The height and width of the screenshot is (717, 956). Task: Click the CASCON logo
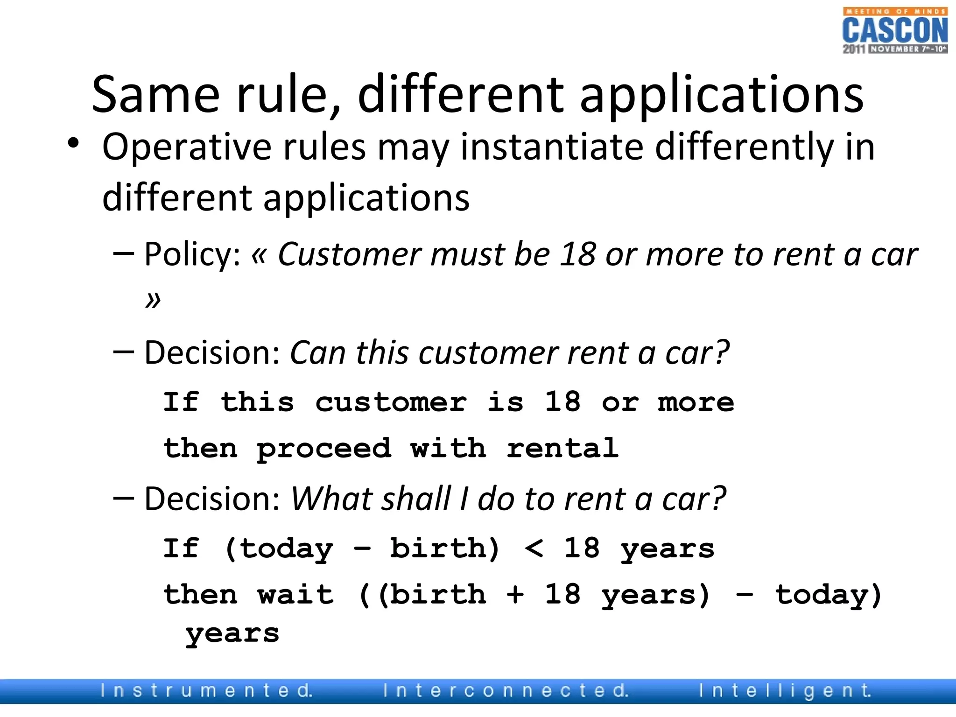(x=895, y=31)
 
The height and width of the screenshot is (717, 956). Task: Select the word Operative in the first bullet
(x=187, y=148)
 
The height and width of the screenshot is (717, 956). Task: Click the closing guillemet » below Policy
(x=153, y=299)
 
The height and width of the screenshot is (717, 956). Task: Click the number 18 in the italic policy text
(x=577, y=255)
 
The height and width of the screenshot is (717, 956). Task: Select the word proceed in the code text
(x=323, y=449)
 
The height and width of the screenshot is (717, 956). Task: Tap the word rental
(x=562, y=448)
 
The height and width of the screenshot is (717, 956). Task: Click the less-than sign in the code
(x=534, y=549)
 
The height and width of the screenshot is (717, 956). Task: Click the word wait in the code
(x=295, y=595)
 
